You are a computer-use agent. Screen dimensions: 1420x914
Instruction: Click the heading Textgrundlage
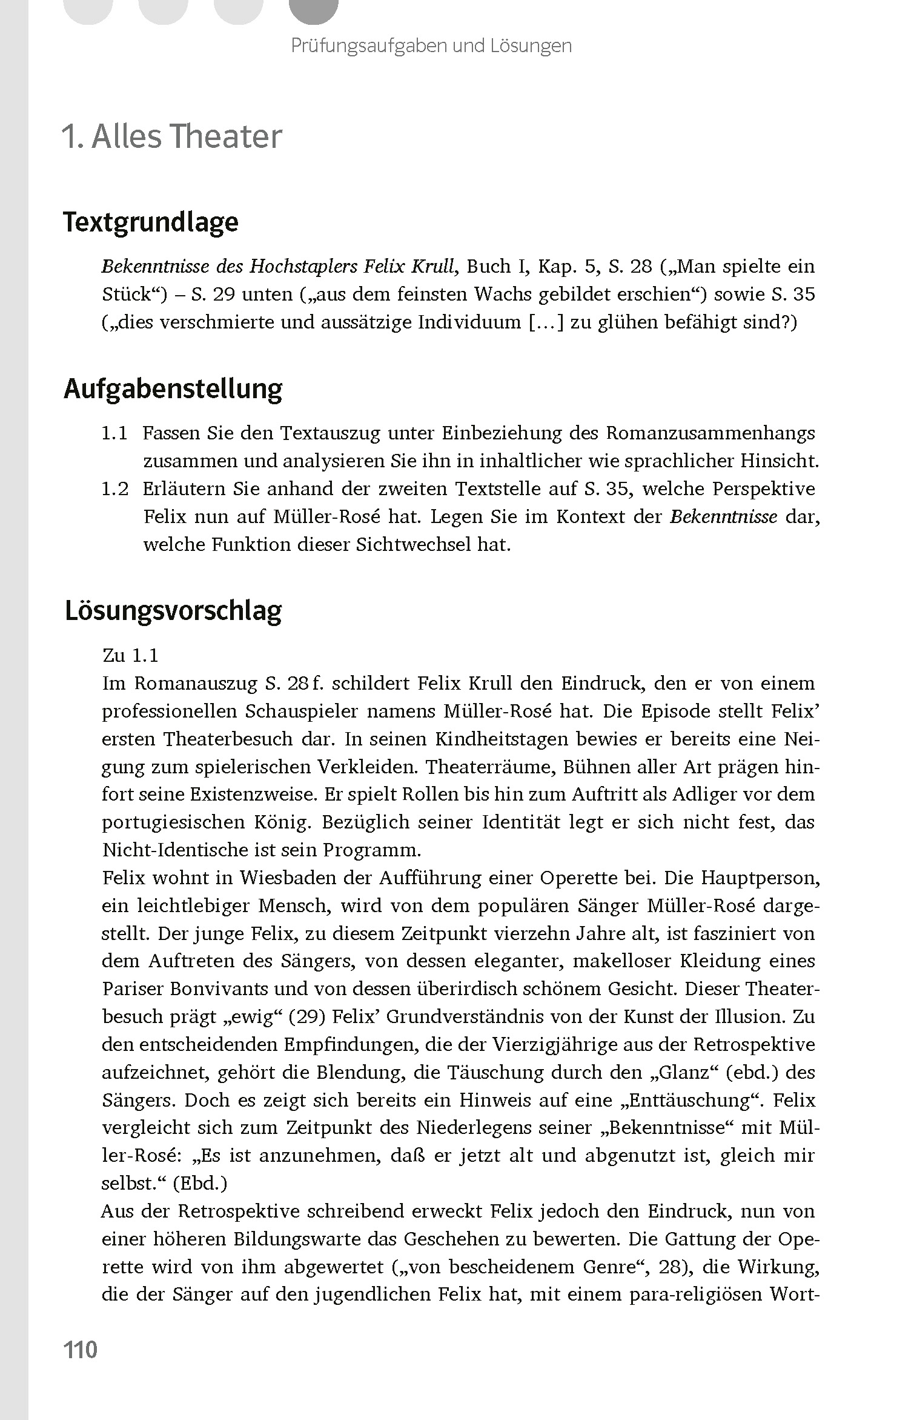151,222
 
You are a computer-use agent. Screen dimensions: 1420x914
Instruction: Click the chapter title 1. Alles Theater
171,136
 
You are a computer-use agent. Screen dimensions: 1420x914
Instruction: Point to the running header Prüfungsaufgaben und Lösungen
431,45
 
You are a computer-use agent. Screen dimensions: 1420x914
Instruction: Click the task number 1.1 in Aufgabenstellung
114,433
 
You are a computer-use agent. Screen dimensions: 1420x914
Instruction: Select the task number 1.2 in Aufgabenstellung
114,489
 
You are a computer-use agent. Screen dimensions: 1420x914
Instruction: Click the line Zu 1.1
131,656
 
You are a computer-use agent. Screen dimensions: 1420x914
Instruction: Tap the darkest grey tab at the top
313,7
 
